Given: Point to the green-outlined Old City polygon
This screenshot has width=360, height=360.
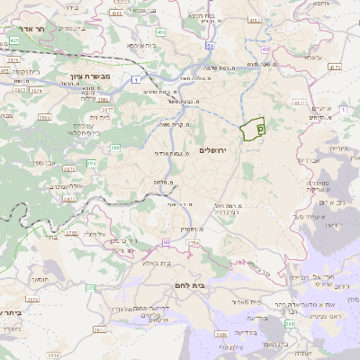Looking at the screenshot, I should click(x=253, y=130).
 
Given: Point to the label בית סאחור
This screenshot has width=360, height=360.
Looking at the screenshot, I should click(x=256, y=301).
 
